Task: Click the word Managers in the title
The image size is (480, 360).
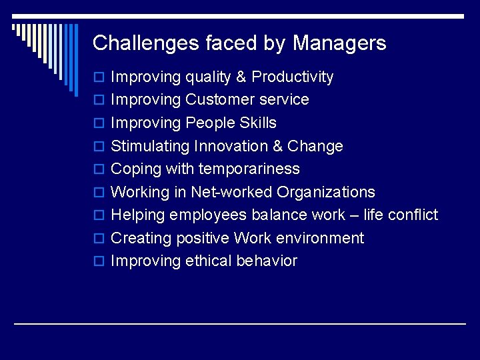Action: [339, 43]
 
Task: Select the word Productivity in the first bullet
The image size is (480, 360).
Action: [293, 77]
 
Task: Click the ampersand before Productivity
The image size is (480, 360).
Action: [241, 77]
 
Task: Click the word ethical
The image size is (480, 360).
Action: [209, 261]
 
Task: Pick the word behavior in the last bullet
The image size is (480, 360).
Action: [267, 261]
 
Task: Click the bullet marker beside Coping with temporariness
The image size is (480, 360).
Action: [99, 169]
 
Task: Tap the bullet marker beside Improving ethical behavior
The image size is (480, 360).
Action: [99, 261]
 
